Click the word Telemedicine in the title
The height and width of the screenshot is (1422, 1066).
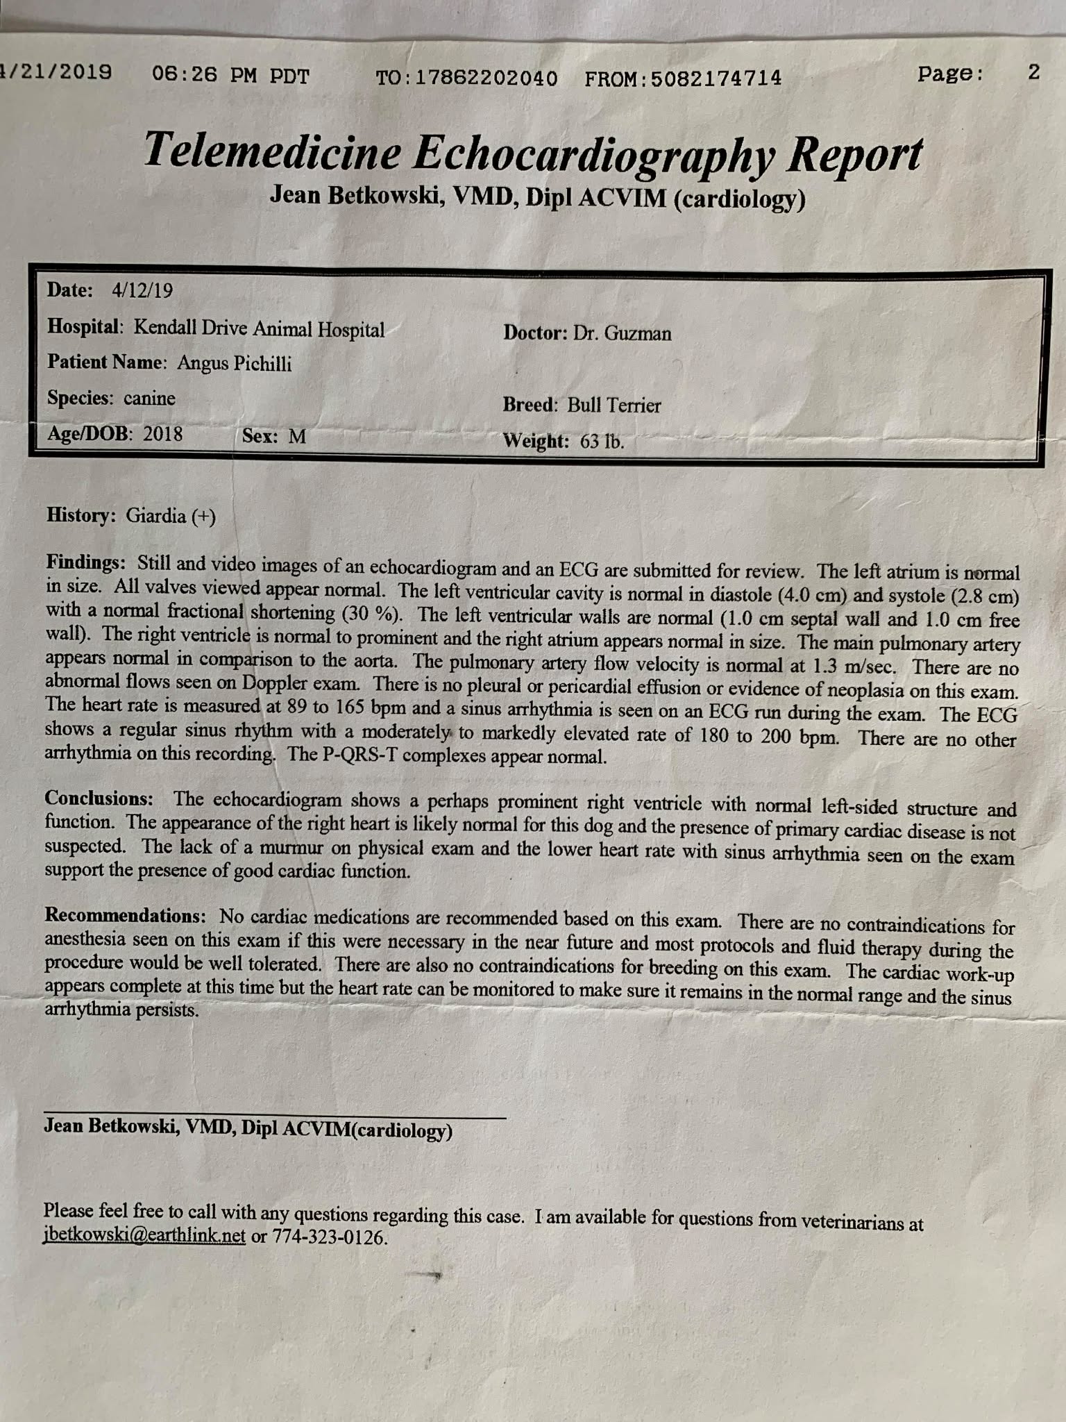pyautogui.click(x=272, y=151)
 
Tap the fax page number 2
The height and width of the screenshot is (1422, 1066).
pyautogui.click(x=1033, y=72)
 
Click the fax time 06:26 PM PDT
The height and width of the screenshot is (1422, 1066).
pyautogui.click(x=230, y=75)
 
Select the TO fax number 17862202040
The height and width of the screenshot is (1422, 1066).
pyautogui.click(x=485, y=78)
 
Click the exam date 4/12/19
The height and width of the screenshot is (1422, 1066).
pyautogui.click(x=142, y=290)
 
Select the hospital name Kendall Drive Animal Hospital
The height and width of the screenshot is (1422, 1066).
pyautogui.click(x=259, y=328)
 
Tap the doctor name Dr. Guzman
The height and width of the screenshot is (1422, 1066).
pyautogui.click(x=622, y=333)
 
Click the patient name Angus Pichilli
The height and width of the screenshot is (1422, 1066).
pyautogui.click(x=234, y=363)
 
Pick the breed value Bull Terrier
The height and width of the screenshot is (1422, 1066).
pyautogui.click(x=614, y=405)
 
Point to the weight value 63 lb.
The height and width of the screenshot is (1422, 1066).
pyautogui.click(x=602, y=441)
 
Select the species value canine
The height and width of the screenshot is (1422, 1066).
pyautogui.click(x=149, y=399)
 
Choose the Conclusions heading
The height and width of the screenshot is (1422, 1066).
pyautogui.click(x=99, y=798)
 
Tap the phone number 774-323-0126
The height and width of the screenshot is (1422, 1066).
pyautogui.click(x=329, y=1237)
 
